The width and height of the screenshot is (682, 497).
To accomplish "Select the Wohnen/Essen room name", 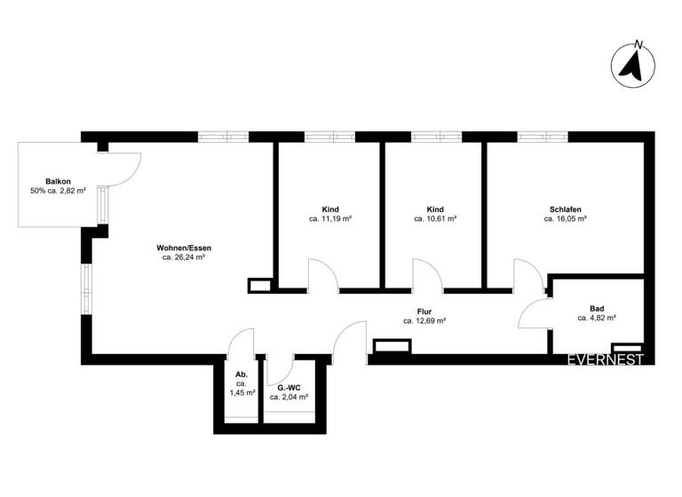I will coord(184,248).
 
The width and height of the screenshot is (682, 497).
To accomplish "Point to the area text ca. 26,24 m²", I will coord(184,257).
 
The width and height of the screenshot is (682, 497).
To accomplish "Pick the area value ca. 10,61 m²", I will coord(435,218).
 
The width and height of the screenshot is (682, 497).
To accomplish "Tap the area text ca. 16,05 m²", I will coord(566,218).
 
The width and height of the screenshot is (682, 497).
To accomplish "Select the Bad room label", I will coord(597,306).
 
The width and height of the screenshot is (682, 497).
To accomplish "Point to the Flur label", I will coord(424,312).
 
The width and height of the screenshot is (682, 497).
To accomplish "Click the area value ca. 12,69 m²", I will coord(424,321).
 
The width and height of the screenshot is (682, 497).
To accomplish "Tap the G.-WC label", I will coord(289,388).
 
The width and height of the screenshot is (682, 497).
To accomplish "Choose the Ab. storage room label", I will coord(241,373).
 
